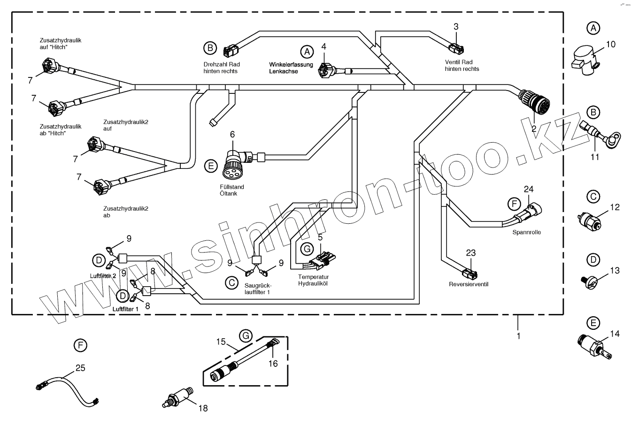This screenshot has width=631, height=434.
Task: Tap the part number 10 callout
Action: tap(610, 45)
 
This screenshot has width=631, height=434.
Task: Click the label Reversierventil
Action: tap(469, 284)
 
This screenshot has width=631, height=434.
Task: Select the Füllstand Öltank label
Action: tap(232, 190)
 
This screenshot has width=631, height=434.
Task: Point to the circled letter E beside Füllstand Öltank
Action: tap(211, 166)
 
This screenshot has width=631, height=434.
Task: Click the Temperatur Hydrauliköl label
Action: tap(314, 280)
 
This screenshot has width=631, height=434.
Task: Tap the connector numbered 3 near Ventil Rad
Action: tap(455, 47)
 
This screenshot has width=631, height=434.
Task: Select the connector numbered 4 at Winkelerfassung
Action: tap(325, 70)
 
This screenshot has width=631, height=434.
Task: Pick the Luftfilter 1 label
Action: tap(125, 309)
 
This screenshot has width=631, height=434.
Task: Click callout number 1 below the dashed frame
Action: tap(518, 336)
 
